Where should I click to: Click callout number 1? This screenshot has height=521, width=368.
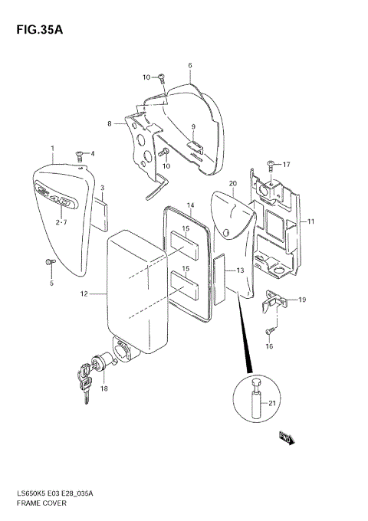point(52,148)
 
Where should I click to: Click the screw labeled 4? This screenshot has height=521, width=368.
point(79,155)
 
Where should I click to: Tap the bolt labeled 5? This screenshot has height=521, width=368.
point(50,263)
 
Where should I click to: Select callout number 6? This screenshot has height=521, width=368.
point(189,65)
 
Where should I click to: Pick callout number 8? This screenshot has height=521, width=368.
point(110,123)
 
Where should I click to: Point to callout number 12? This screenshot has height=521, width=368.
point(84,293)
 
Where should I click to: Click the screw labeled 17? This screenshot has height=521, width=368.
point(270,164)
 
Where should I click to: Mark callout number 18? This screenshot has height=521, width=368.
point(104,388)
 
